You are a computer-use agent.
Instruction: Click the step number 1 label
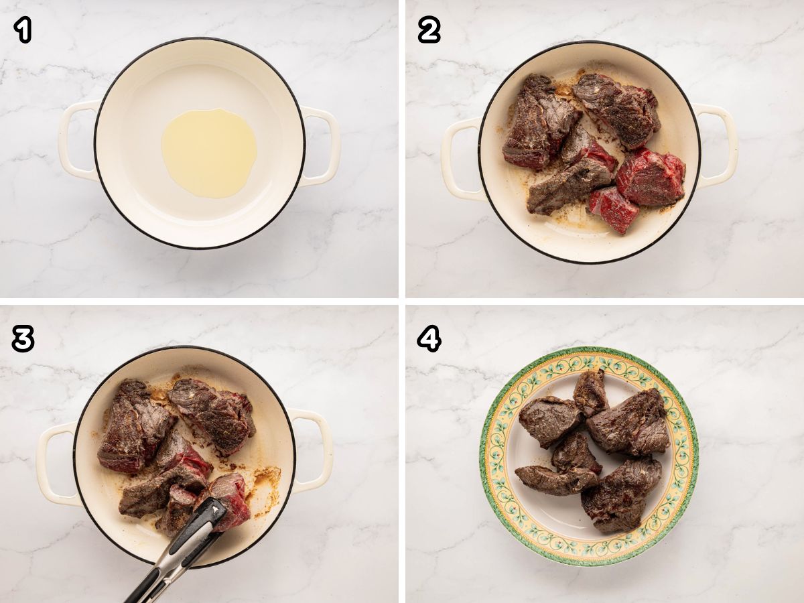(x=23, y=30)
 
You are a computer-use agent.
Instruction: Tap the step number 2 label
(x=429, y=30)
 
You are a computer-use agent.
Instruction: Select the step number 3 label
(x=23, y=339)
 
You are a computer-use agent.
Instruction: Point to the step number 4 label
(x=429, y=340)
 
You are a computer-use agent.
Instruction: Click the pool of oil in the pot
(x=209, y=153)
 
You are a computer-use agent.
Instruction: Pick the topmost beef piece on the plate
(x=590, y=393)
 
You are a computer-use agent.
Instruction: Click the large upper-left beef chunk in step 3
(x=134, y=427)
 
